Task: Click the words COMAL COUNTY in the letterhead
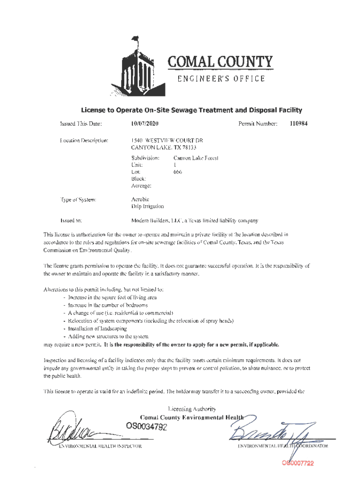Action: tap(220, 62)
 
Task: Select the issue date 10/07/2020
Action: tap(145, 124)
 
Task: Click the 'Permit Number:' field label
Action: tap(257, 124)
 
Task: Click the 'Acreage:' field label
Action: tap(141, 186)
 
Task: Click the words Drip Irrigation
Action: tap(147, 206)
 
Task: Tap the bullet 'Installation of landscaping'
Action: tap(91, 328)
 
